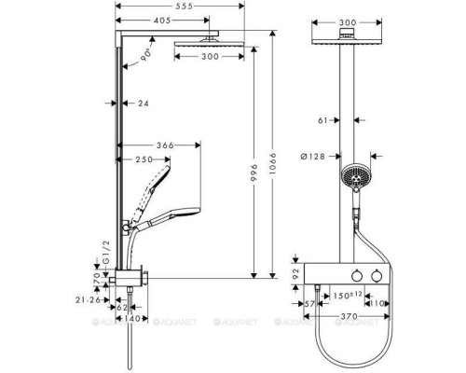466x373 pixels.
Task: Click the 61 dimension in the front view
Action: [322, 120]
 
